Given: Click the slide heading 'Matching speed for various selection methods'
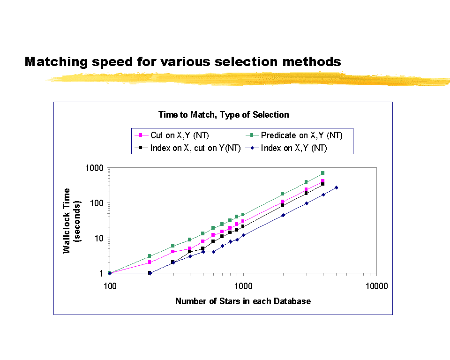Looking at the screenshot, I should (x=182, y=61).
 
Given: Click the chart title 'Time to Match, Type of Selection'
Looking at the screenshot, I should (x=224, y=114).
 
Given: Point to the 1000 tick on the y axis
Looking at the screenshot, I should (x=96, y=168).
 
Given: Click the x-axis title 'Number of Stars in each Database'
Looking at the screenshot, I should (x=243, y=301).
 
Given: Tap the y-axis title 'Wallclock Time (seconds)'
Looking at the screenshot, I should (x=72, y=220).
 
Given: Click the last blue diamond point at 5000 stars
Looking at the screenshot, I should (x=336, y=187).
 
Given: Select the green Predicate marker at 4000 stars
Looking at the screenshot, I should (x=323, y=173).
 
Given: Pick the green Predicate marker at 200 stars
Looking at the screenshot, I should (x=150, y=256).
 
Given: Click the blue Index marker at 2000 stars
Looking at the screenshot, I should (x=283, y=215).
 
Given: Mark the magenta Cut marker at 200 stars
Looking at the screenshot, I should (x=150, y=262).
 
